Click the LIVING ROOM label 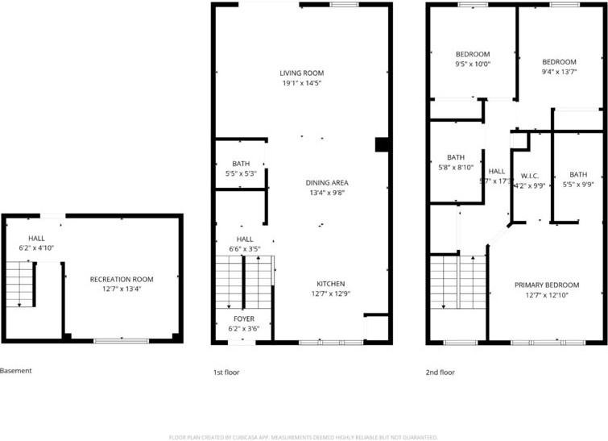302,73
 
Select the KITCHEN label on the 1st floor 330,284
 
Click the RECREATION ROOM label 121,280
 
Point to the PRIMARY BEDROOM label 547,285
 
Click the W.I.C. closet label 529,176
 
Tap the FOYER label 243,319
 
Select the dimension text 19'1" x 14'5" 302,84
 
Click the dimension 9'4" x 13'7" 559,73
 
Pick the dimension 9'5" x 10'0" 473,64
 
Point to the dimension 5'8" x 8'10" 455,168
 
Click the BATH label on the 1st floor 241,164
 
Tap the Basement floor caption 16,371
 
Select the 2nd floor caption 440,372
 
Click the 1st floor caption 226,372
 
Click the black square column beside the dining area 381,145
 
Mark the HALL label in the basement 37,239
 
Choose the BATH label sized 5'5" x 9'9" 578,175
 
